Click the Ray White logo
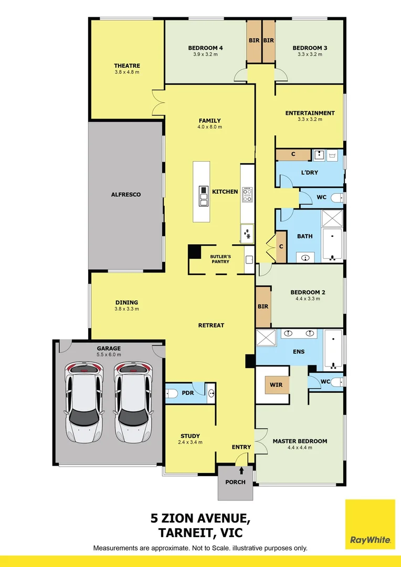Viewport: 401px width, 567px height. [370, 524]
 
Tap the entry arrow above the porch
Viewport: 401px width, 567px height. [241, 470]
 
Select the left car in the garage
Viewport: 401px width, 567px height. [84, 402]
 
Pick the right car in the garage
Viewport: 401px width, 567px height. [133, 402]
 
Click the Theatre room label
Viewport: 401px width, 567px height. [127, 66]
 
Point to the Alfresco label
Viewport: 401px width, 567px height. [126, 195]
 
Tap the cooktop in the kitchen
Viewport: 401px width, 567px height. [247, 194]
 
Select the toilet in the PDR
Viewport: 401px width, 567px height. [171, 393]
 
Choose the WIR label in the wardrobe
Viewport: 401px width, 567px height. [276, 385]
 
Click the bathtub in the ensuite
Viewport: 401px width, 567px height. [333, 350]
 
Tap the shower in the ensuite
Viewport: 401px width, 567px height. [266, 337]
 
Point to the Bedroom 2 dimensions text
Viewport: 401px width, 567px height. [305, 299]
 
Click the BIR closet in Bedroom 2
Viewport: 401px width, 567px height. [263, 307]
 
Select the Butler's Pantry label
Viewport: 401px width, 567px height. [220, 259]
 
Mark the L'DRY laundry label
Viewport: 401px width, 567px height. [310, 173]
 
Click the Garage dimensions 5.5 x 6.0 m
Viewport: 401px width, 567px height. [109, 355]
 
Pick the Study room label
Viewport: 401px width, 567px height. [190, 436]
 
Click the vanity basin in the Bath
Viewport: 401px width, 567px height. [305, 258]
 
